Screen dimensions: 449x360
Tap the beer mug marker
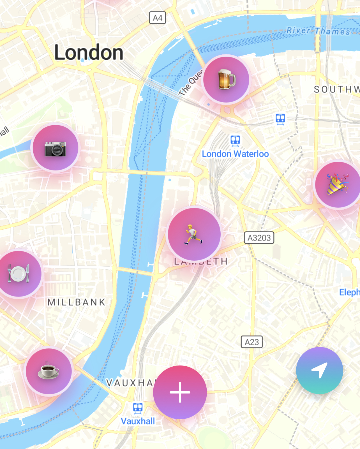click(226, 79)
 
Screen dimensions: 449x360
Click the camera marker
click(56, 148)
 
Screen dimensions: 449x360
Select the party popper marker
click(338, 184)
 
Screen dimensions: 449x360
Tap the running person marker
click(194, 234)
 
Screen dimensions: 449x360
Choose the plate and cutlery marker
click(19, 274)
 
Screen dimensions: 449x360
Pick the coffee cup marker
click(49, 371)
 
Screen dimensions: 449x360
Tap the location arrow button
click(320, 370)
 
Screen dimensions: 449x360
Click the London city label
click(89, 52)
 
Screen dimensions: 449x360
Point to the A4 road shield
click(158, 18)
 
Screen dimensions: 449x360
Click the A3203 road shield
click(259, 238)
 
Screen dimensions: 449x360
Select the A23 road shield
click(252, 342)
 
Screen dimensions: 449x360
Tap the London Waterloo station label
click(235, 154)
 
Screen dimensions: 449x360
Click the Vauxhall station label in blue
click(138, 421)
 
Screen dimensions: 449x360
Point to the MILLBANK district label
click(77, 302)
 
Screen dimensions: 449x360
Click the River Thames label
click(318, 31)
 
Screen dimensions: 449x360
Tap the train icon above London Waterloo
click(235, 140)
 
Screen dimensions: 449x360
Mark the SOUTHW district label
click(336, 89)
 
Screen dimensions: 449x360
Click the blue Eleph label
click(349, 292)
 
